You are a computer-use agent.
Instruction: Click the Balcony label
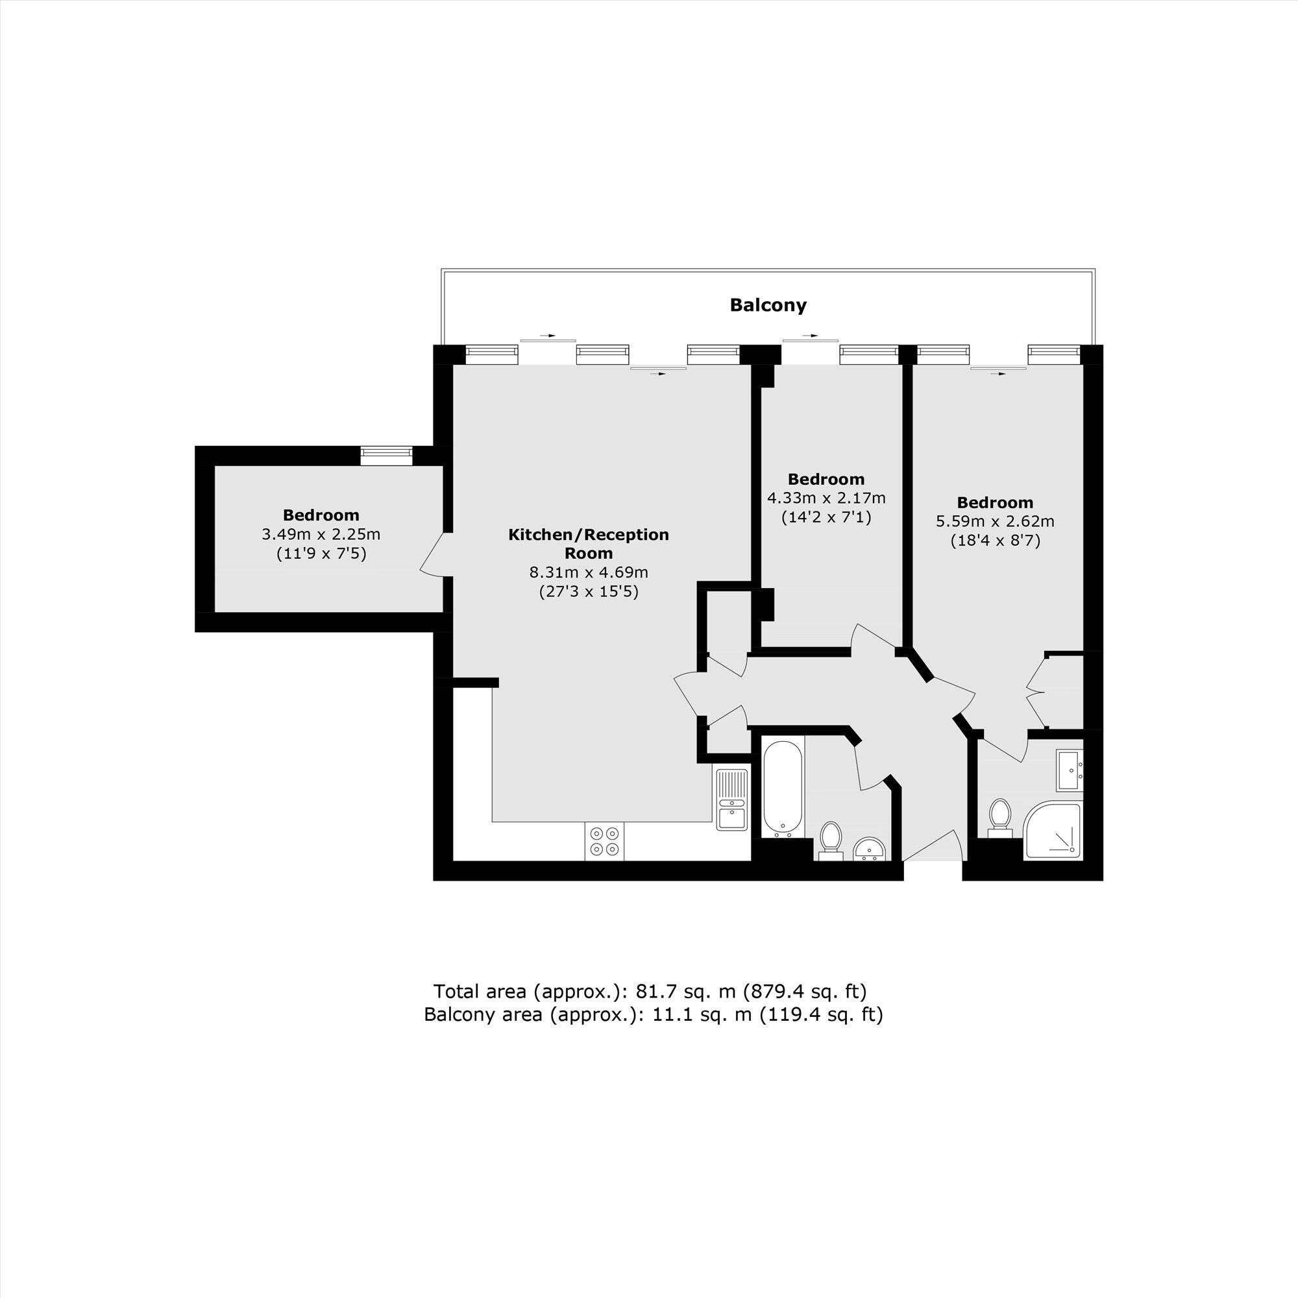[768, 306]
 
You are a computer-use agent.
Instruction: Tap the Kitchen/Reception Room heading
[589, 543]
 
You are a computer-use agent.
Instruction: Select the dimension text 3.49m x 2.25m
[321, 535]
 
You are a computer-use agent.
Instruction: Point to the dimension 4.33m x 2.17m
[826, 498]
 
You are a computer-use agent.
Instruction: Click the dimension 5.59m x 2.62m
[995, 521]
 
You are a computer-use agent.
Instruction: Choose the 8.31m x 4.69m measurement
[589, 572]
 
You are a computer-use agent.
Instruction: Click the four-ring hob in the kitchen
[604, 841]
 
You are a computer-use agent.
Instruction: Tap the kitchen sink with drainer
[731, 800]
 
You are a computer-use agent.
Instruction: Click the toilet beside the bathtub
[832, 839]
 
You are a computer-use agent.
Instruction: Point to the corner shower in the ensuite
[1053, 831]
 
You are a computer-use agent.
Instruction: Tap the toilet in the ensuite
[1000, 817]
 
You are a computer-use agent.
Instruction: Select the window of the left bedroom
[386, 456]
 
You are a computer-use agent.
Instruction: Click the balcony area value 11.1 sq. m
[703, 1014]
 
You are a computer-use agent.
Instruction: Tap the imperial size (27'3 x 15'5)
[589, 592]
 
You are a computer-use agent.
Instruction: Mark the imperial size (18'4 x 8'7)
[995, 541]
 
